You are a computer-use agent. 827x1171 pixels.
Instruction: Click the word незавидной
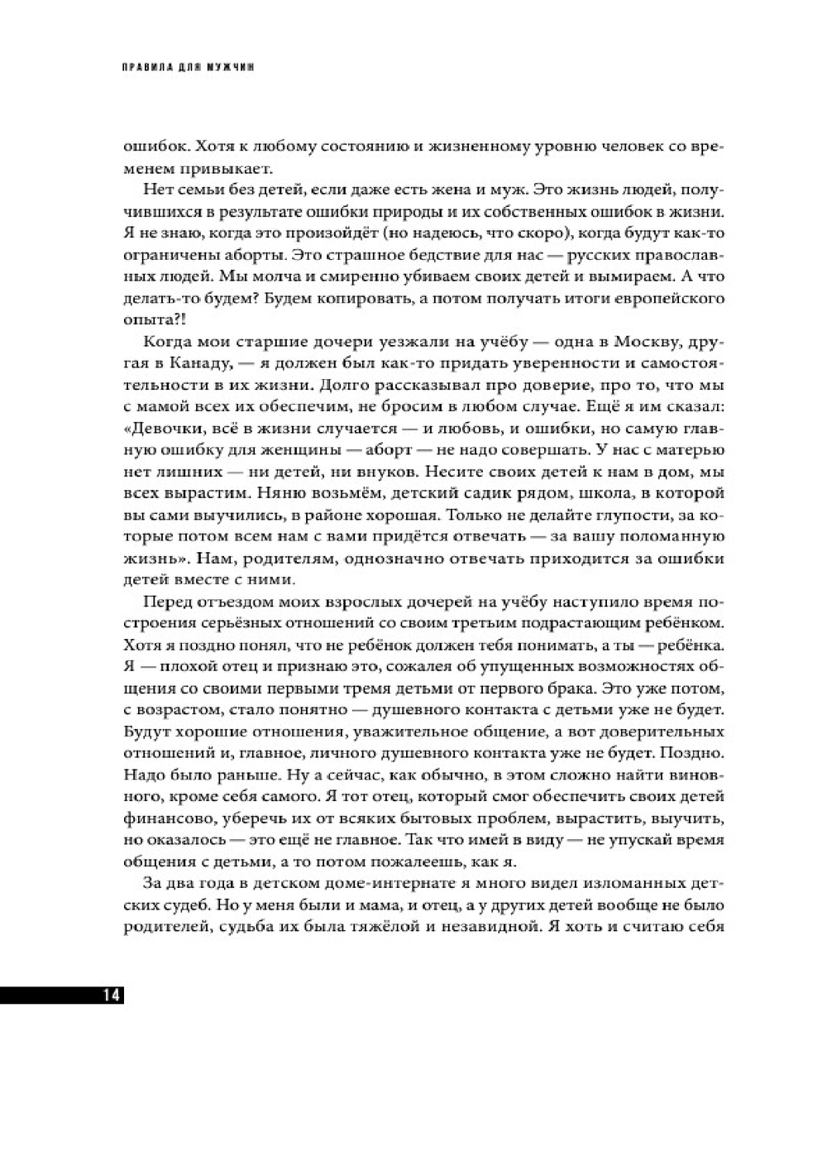[471, 925]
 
